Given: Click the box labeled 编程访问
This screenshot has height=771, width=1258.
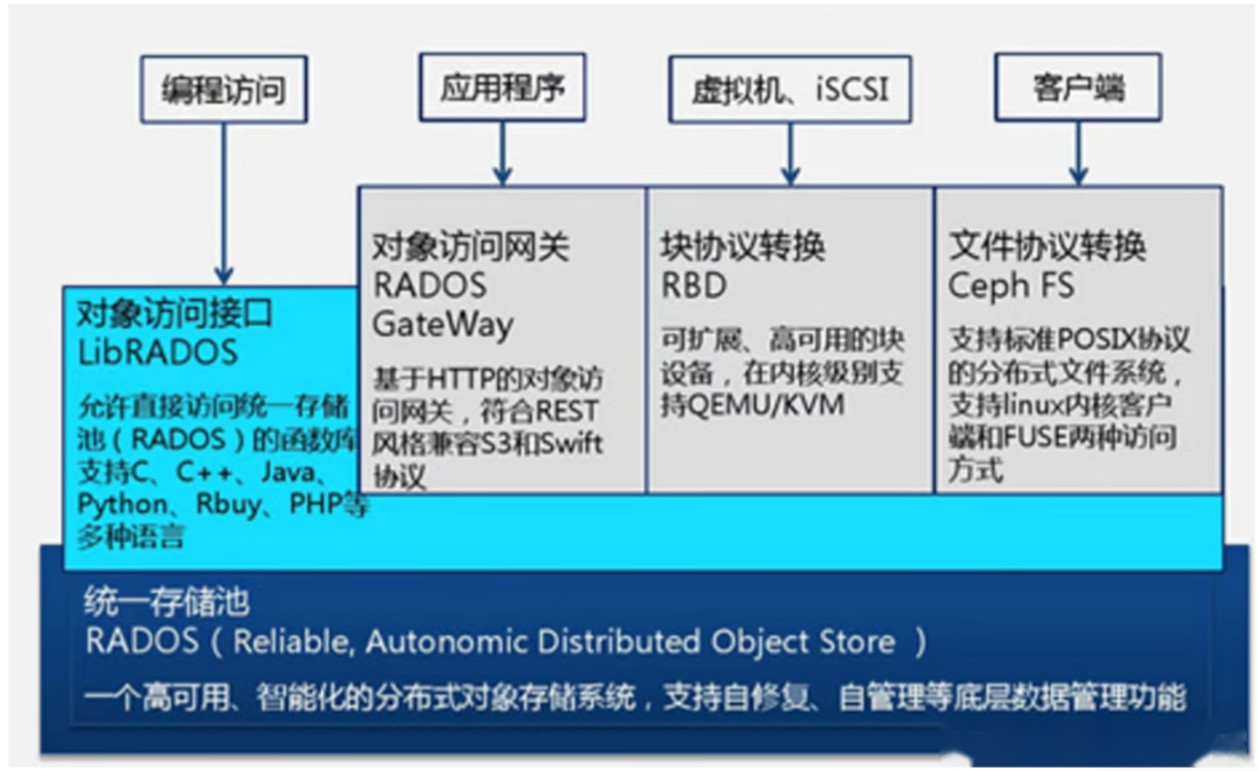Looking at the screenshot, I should [x=224, y=89].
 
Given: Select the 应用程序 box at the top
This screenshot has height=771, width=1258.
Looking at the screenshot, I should [x=502, y=87].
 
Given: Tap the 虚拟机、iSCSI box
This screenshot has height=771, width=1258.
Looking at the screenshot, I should [x=789, y=89].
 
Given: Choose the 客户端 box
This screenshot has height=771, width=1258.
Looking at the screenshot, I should [x=1077, y=88].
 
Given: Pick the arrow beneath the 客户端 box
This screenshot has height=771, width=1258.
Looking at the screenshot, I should [x=1078, y=153].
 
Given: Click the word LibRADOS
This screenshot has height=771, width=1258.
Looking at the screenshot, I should [x=157, y=353].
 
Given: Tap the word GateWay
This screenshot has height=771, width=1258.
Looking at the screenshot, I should [x=443, y=325].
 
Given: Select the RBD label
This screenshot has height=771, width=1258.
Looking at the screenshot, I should [x=694, y=286].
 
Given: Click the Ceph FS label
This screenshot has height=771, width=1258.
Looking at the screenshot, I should [x=1011, y=286].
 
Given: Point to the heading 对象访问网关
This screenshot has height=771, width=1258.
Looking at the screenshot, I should [x=471, y=247].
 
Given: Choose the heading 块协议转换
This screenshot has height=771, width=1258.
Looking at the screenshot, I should [x=742, y=247].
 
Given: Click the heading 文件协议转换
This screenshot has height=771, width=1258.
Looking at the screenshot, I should [x=1047, y=247].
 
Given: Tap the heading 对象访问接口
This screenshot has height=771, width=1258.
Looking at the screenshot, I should [x=175, y=313].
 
